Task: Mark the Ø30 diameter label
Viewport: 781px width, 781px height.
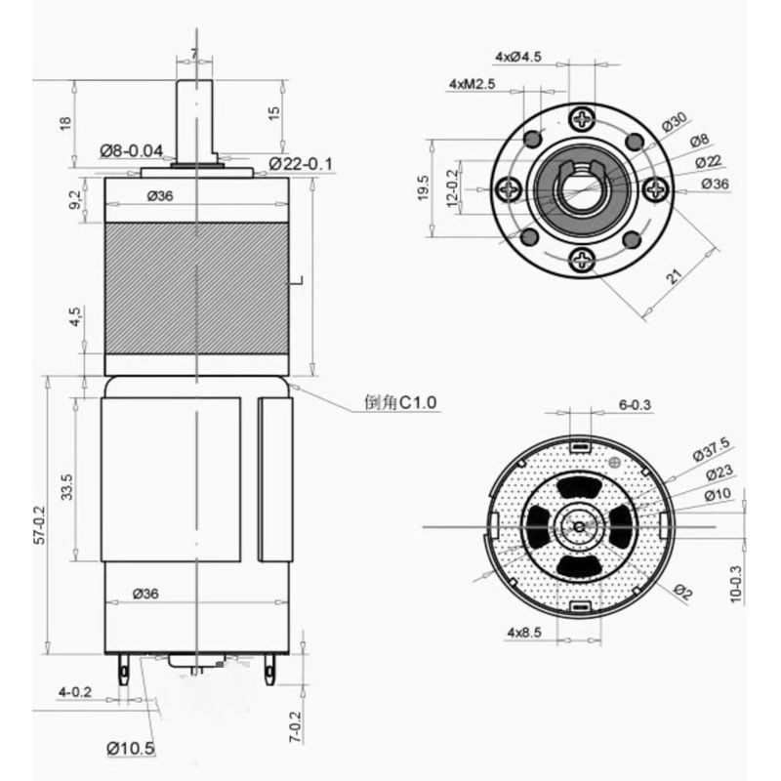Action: [675, 122]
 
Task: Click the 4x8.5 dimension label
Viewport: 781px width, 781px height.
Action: [524, 634]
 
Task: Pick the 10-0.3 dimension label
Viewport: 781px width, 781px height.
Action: [735, 583]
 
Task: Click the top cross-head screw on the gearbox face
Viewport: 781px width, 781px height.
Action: [583, 120]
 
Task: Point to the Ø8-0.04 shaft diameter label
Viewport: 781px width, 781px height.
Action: [137, 151]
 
